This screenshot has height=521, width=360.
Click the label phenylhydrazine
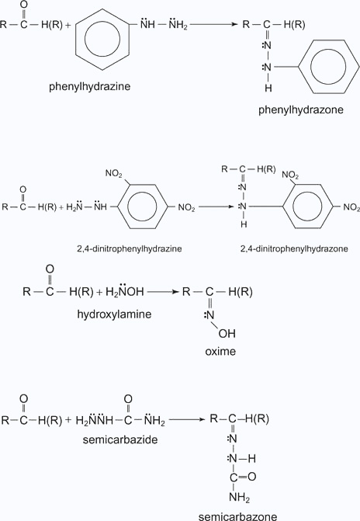pyautogui.click(x=90, y=87)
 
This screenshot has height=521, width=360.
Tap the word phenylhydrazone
pyautogui.click(x=301, y=110)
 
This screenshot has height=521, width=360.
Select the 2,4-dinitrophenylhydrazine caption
pyautogui.click(x=130, y=248)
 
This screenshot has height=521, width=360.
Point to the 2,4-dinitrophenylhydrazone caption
pyautogui.click(x=294, y=248)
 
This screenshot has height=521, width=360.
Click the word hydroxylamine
pyautogui.click(x=114, y=314)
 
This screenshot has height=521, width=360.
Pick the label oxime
pyautogui.click(x=220, y=351)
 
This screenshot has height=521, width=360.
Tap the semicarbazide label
pyautogui.click(x=120, y=439)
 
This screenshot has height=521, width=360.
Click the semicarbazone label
pyautogui.click(x=237, y=516)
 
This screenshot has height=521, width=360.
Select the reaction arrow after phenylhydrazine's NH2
pyautogui.click(x=214, y=24)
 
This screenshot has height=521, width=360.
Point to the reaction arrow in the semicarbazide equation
pyautogui.click(x=187, y=419)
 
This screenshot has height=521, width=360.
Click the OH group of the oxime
pyautogui.click(x=227, y=334)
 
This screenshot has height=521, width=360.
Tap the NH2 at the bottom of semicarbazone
pyautogui.click(x=239, y=498)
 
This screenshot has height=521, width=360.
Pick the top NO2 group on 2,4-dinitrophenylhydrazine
pyautogui.click(x=114, y=173)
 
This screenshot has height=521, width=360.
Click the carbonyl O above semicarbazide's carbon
pyautogui.click(x=128, y=399)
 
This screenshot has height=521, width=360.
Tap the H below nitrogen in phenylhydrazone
pyautogui.click(x=268, y=88)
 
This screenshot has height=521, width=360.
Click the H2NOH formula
pyautogui.click(x=125, y=291)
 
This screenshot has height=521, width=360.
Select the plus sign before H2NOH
pyautogui.click(x=99, y=292)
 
